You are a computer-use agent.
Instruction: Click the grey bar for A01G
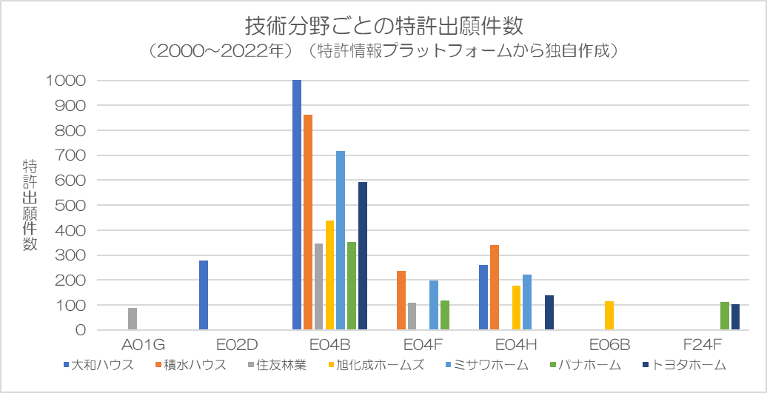coord(133,319)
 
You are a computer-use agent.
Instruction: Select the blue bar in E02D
coord(204,295)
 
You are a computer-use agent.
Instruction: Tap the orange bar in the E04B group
coord(308,223)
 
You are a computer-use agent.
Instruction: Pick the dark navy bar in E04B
coord(363,256)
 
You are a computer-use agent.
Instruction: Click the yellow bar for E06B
coord(609,315)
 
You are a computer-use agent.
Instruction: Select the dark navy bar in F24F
coord(735,318)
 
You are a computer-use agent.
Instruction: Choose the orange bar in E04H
coord(494,287)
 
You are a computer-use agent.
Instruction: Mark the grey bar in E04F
coord(412,316)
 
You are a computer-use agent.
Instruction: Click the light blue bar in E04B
coord(341,241)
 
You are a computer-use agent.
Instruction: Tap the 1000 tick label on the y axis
coord(66,81)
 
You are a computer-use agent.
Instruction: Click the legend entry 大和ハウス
coord(98,365)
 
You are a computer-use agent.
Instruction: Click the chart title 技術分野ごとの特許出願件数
coord(384,27)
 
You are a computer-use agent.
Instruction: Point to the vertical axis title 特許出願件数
coord(30,205)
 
